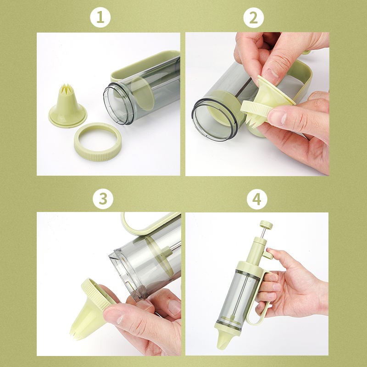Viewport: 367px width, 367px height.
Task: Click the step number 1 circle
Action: coord(100,17)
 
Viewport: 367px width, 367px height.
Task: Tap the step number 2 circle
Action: coord(254,18)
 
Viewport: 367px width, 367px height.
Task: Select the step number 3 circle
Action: coord(103,199)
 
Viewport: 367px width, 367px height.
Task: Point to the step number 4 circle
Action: coord(257,199)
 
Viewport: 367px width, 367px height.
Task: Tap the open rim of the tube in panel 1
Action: coord(118,105)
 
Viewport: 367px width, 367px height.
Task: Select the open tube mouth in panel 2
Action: coord(214,120)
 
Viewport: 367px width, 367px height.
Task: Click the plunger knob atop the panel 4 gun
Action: coord(266,225)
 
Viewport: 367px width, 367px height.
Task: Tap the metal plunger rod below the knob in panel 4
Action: coord(263,233)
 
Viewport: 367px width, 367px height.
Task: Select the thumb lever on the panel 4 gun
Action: coord(267,254)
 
